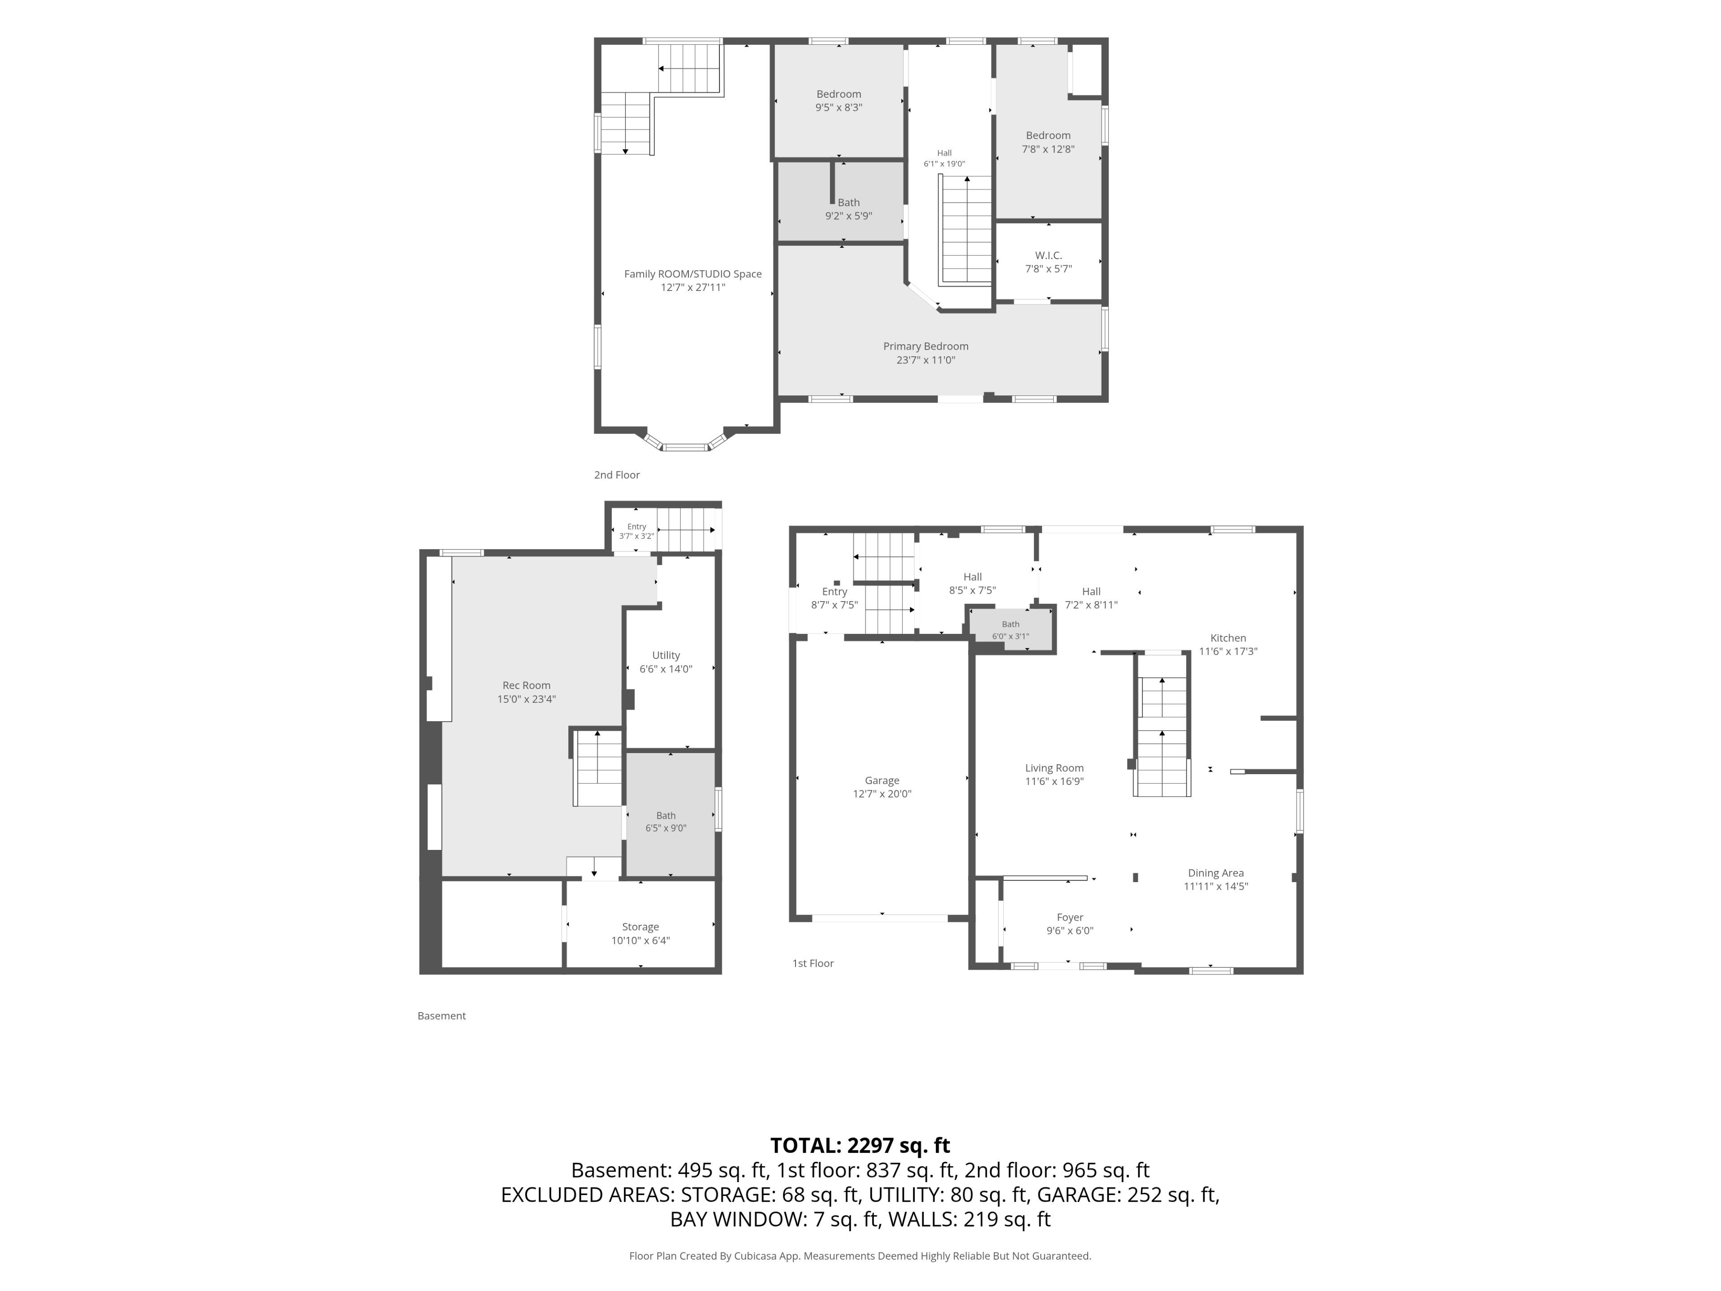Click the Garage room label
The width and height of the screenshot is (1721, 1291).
point(882,780)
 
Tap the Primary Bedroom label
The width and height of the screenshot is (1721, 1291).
point(925,347)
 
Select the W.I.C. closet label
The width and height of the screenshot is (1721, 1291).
point(1048,255)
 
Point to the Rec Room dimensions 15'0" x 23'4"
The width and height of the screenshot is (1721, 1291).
point(526,699)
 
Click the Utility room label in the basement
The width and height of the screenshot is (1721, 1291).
point(665,655)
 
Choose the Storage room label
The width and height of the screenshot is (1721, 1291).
point(640,927)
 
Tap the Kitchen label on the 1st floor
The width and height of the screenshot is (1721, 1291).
point(1228,638)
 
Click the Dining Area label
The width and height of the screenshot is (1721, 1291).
point(1215,873)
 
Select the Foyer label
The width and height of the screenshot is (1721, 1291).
point(1070,918)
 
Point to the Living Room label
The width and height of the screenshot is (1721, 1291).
point(1054,768)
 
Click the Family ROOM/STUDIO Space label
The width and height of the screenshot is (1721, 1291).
point(692,274)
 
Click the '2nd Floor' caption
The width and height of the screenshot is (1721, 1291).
point(616,475)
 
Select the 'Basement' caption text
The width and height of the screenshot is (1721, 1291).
point(441,1015)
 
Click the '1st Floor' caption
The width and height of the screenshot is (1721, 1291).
point(812,963)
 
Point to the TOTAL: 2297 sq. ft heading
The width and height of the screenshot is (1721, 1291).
point(860,1145)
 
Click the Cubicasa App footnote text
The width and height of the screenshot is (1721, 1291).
point(860,1256)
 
